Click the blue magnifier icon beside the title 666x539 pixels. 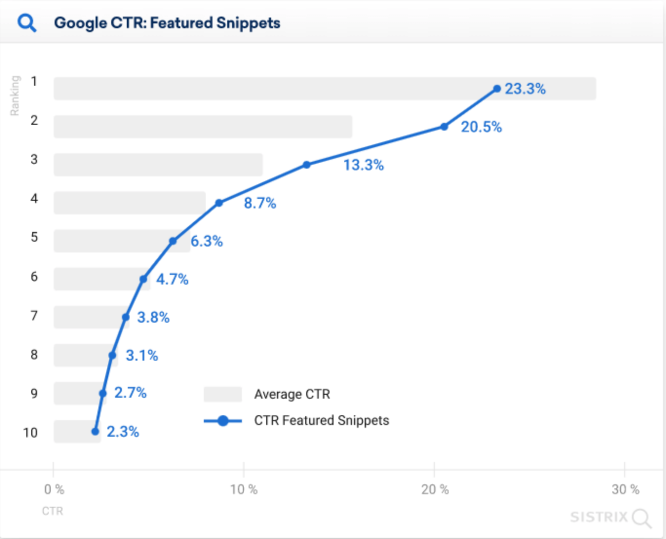click(27, 23)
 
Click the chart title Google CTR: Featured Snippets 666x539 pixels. click(167, 23)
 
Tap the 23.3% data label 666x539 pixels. click(525, 89)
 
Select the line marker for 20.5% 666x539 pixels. click(444, 127)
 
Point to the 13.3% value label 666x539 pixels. click(363, 165)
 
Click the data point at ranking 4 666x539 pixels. click(219, 203)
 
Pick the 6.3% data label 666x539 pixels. click(206, 241)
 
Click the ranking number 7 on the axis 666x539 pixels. click(34, 316)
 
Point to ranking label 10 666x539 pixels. click(30, 432)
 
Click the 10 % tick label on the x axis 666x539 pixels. click(244, 489)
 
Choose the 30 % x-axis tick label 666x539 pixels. click(625, 489)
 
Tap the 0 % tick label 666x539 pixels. click(54, 489)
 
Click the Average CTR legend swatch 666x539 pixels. click(223, 394)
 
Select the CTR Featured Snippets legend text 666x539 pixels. click(321, 421)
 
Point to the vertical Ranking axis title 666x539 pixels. click(15, 96)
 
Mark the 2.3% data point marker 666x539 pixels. click(96, 431)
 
